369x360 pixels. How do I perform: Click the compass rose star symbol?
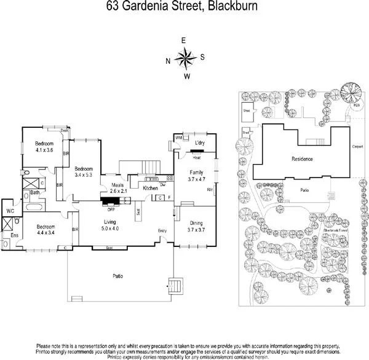(184, 58)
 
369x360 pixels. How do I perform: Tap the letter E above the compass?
(184, 41)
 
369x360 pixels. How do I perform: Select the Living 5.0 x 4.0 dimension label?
(111, 225)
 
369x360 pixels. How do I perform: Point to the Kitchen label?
(151, 188)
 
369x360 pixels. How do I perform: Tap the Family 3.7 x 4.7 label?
(197, 176)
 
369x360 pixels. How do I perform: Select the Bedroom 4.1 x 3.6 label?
(45, 146)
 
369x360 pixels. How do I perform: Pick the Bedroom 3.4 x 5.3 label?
(84, 171)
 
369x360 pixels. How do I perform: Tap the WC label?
(10, 211)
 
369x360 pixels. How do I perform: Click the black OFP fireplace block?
(112, 200)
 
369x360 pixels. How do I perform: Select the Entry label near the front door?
(162, 230)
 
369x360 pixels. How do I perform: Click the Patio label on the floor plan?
(117, 276)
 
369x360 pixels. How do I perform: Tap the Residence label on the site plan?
(302, 159)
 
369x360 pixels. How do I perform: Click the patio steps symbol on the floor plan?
(175, 286)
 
